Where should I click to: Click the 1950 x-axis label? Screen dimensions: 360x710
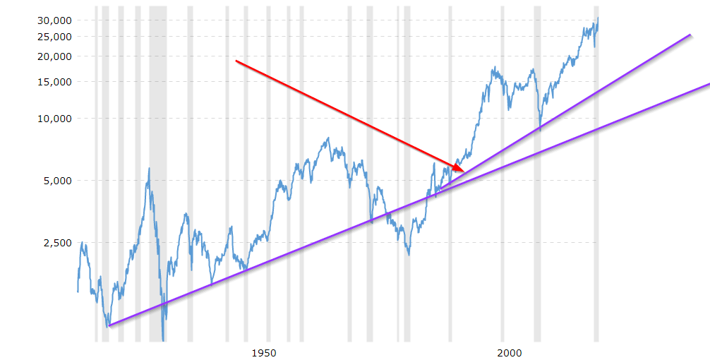[262, 352]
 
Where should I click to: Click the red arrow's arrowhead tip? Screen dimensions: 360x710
[464, 172]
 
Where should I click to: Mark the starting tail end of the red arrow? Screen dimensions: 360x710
[236, 61]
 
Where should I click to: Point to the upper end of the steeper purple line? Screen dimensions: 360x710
[690, 35]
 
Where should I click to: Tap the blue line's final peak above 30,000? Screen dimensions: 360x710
[598, 18]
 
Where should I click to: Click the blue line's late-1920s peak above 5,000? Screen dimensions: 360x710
[149, 168]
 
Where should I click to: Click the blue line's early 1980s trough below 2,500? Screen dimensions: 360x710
[409, 254]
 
